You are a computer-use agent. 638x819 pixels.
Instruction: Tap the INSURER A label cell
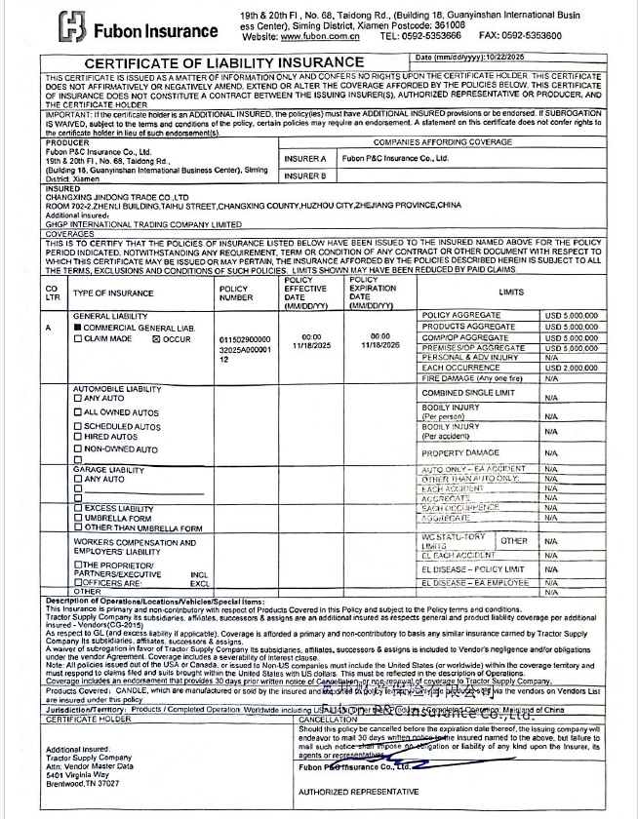point(305,158)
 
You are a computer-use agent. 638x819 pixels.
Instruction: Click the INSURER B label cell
point(305,176)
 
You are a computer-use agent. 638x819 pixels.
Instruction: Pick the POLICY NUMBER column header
point(234,292)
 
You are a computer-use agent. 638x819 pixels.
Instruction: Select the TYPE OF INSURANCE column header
point(113,292)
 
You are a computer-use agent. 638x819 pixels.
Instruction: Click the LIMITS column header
point(511,292)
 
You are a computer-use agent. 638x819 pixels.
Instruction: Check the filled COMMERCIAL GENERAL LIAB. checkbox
point(77,328)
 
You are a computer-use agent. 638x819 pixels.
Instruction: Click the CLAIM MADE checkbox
point(77,338)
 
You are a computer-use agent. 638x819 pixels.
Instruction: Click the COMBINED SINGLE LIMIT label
point(466,392)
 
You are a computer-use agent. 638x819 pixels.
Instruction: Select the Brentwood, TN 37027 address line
point(83,783)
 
